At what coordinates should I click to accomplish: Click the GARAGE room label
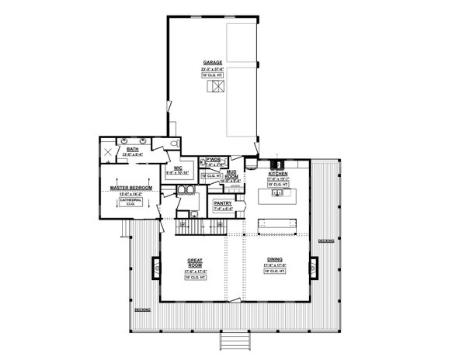212,62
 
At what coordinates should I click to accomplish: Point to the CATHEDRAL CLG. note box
129,202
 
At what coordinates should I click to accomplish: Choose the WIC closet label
178,168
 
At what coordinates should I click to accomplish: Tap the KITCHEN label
278,173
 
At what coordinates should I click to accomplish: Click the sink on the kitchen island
277,195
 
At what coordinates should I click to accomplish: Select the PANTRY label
224,204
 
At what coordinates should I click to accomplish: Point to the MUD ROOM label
231,174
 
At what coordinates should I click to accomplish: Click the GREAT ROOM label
194,262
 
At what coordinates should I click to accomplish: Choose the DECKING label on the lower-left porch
142,310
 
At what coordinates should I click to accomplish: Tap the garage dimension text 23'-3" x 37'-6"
212,69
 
